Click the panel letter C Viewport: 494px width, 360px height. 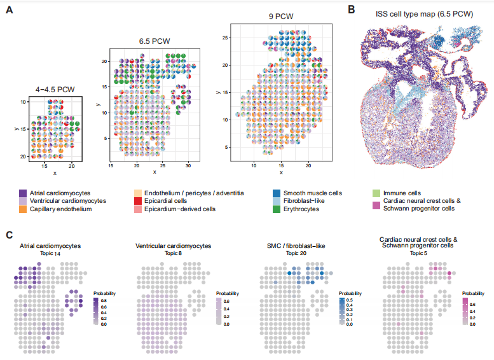[10, 233]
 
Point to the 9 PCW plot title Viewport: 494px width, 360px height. [280, 17]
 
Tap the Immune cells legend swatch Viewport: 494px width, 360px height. [376, 193]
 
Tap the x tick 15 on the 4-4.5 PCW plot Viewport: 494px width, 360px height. [45, 165]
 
